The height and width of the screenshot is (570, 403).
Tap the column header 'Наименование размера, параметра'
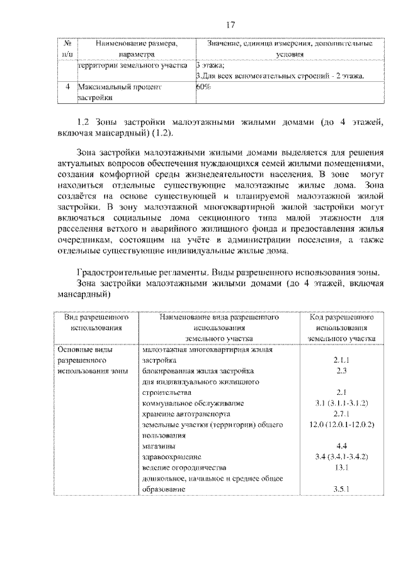pos(136,49)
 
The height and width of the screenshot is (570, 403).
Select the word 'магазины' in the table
pos(159,446)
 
